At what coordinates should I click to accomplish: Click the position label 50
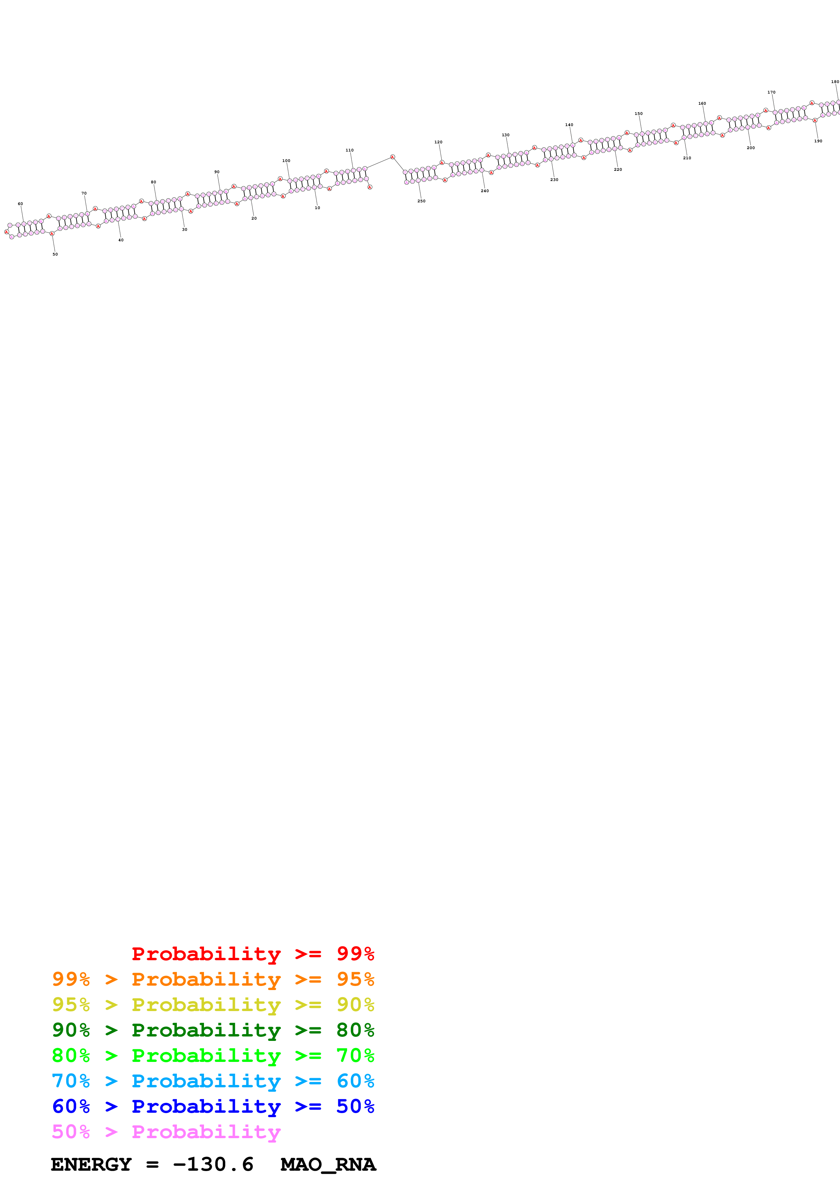click(55, 254)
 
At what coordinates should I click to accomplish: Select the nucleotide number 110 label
click(349, 150)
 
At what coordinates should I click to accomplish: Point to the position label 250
click(421, 201)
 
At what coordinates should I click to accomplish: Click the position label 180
click(835, 82)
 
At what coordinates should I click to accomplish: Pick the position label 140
click(569, 125)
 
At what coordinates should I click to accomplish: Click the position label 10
click(317, 208)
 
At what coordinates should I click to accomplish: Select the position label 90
click(217, 172)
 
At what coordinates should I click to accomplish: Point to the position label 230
click(554, 180)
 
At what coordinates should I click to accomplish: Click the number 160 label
click(702, 104)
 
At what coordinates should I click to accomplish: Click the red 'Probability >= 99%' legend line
click(252, 954)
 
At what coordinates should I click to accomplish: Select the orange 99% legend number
click(71, 979)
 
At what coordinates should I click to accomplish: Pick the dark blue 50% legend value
click(355, 1106)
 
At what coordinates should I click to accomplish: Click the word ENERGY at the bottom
click(91, 1165)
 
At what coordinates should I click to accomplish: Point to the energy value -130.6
click(213, 1165)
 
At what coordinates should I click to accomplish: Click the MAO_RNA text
click(328, 1165)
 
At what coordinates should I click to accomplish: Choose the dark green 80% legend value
click(355, 1030)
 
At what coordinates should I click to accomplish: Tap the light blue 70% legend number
click(71, 1081)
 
